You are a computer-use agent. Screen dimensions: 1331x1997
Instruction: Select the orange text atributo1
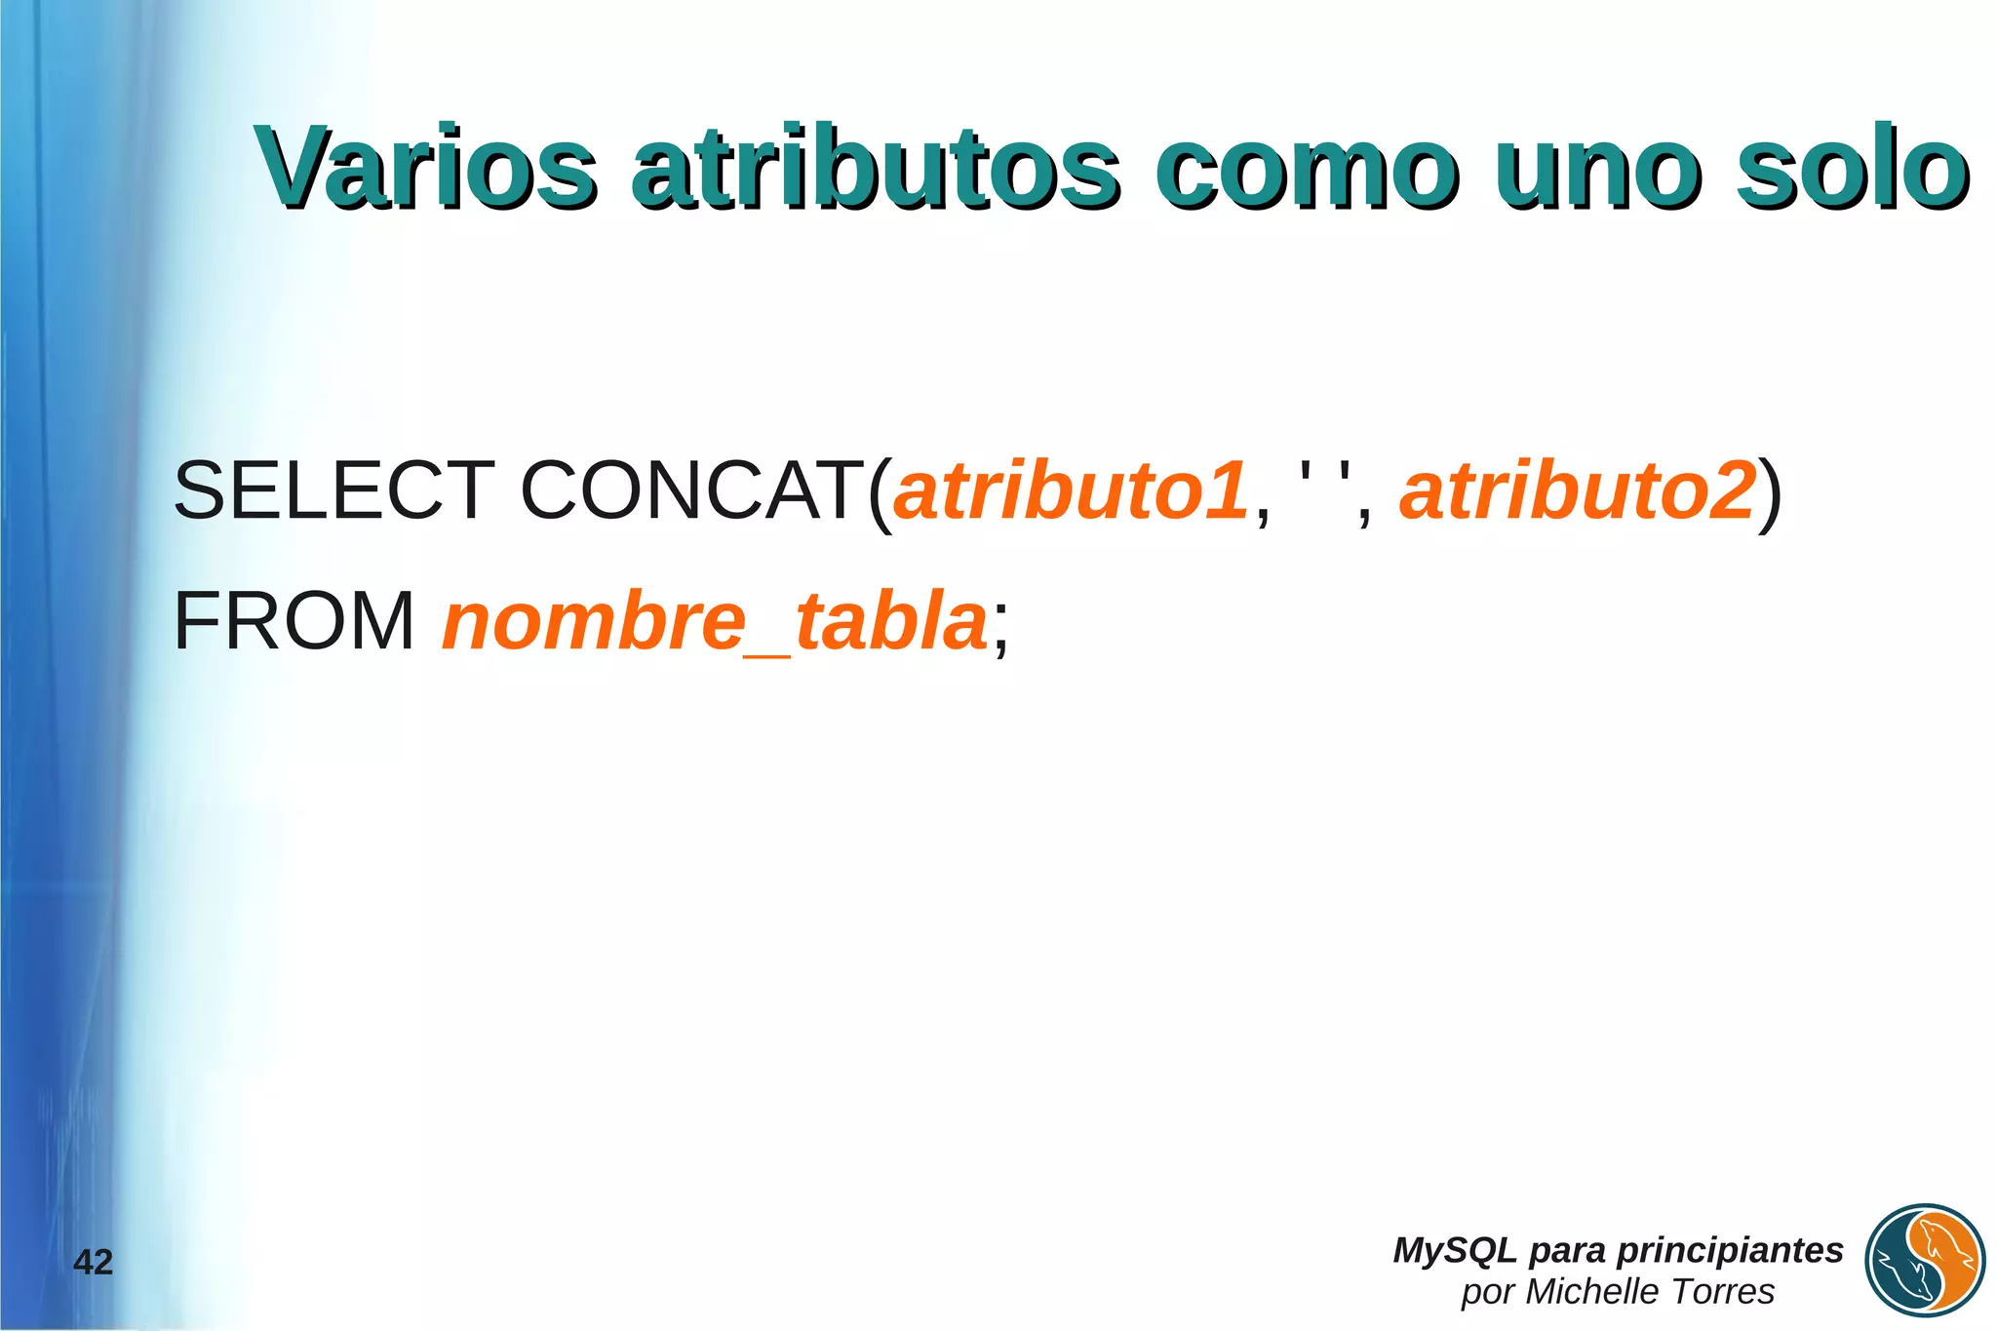pos(1071,490)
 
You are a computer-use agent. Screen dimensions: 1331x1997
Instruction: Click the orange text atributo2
pos(1578,490)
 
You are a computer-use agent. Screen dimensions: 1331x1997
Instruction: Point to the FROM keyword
pos(294,621)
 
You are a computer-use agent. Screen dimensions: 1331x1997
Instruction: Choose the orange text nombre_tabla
pos(715,622)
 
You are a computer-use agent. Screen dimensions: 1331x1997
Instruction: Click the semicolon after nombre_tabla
pos(1000,629)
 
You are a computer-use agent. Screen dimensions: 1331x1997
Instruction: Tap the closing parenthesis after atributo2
pos(1771,492)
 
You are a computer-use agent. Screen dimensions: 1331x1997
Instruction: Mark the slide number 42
pos(94,1262)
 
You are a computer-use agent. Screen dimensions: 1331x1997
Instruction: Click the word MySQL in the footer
pos(1454,1250)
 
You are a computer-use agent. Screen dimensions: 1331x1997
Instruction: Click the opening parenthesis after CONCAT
pos(880,492)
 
